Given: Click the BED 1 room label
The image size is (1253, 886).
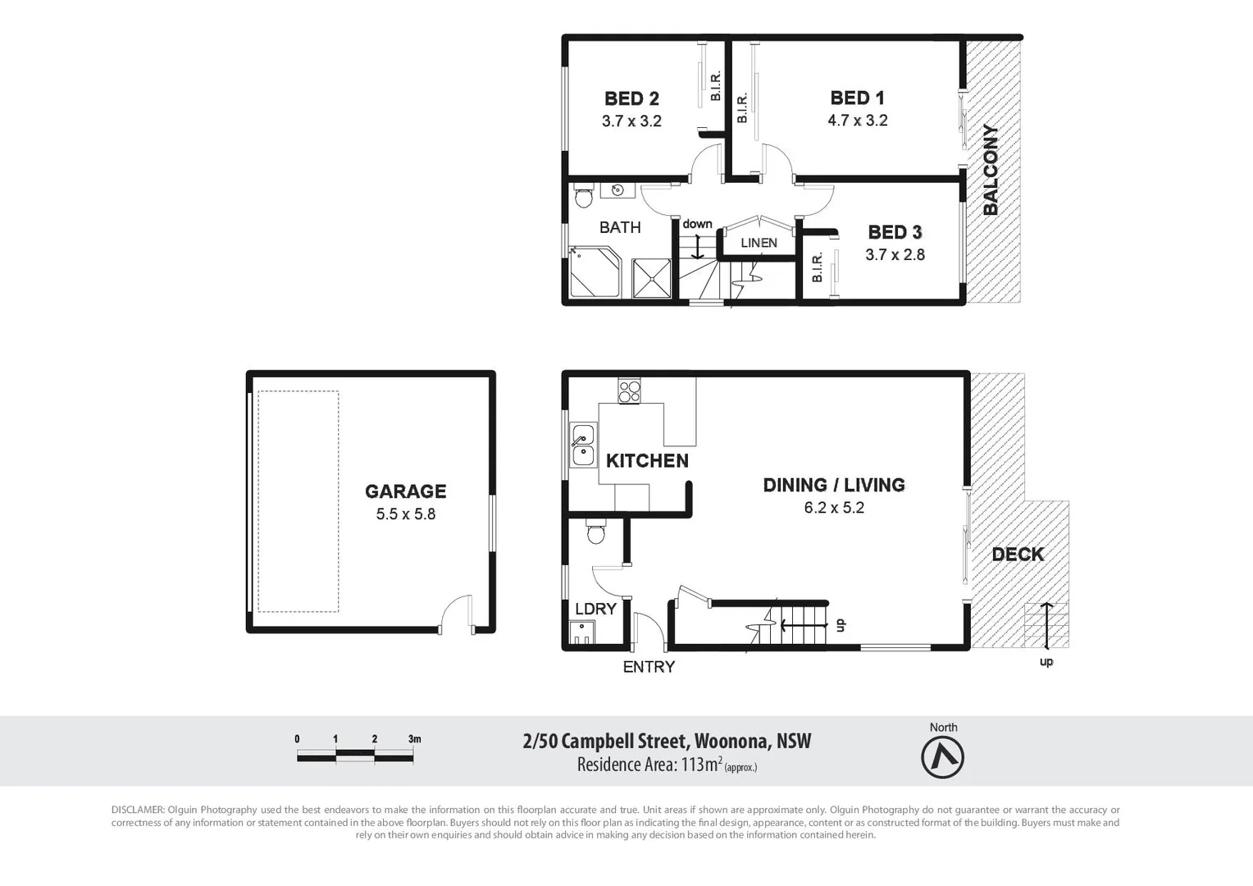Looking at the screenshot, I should (x=857, y=98).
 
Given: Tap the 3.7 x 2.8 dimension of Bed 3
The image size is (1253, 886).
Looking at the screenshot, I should (x=895, y=255).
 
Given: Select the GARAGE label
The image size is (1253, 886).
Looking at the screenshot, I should (x=405, y=491).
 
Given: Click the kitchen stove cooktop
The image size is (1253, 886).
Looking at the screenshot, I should (x=630, y=390).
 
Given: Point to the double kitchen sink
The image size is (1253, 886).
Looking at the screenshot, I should (x=583, y=445).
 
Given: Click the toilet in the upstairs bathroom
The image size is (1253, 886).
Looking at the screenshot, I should (x=584, y=197).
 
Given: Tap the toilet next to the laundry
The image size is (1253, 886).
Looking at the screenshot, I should (x=596, y=532).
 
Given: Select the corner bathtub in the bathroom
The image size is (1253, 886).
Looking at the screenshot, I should (x=595, y=273).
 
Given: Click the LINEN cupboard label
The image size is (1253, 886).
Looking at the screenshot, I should (x=759, y=243).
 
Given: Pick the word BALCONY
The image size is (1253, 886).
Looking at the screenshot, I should (x=991, y=170).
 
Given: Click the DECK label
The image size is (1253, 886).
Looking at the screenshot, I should (x=1018, y=555).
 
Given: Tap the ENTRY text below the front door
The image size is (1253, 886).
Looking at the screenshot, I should (x=649, y=667).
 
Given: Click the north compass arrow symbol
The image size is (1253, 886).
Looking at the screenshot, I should (x=942, y=757).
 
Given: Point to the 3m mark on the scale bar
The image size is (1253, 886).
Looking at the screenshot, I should (x=414, y=739).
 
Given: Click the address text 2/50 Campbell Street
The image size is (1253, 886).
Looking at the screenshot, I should (x=606, y=742).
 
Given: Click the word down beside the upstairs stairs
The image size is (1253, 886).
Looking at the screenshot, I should (x=697, y=224).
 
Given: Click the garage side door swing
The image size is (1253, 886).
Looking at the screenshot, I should (x=456, y=614).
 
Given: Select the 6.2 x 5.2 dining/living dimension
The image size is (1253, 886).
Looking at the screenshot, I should (x=834, y=508).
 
